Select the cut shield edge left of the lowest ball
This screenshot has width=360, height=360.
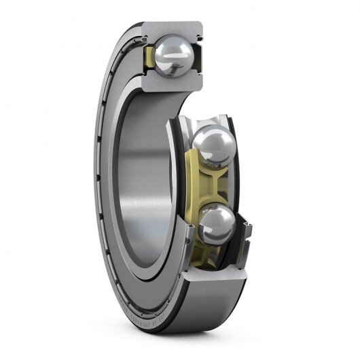point(188,234)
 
